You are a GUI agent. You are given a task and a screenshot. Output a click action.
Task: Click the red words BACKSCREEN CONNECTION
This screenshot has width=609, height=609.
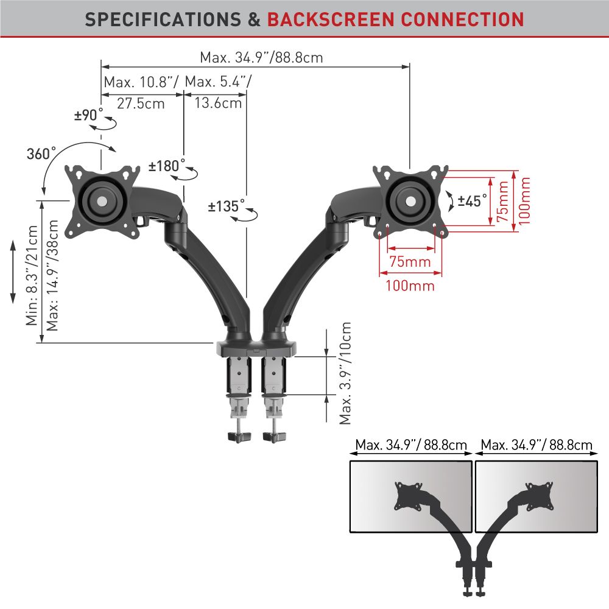click(395, 19)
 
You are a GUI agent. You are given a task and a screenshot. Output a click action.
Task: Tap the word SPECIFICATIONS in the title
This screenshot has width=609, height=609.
click(163, 19)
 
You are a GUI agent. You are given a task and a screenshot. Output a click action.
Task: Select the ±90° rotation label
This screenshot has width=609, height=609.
click(89, 115)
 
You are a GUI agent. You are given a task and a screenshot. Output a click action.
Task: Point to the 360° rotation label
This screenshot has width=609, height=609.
click(41, 153)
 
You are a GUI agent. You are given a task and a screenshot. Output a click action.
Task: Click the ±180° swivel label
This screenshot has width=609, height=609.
click(167, 166)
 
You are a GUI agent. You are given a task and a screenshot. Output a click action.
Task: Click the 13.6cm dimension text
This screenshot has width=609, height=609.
click(218, 103)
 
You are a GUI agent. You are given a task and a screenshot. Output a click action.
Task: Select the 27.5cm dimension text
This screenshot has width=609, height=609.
click(141, 103)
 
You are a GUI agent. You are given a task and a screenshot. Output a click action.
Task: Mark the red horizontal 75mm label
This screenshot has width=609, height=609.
click(410, 262)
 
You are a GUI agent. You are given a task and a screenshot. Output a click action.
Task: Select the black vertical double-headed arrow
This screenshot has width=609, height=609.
click(13, 272)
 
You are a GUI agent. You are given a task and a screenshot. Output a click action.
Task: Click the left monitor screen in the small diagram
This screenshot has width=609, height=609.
click(411, 495)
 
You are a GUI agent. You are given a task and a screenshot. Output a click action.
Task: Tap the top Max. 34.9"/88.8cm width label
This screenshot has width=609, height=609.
click(261, 58)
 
